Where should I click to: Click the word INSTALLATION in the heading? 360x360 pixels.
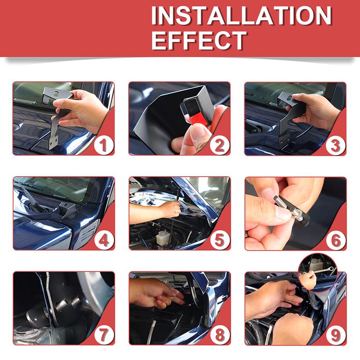[x=242, y=15]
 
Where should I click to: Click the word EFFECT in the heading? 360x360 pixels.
[x=199, y=40]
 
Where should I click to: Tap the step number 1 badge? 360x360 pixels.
[x=104, y=145]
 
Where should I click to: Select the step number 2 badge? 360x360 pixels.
[x=220, y=145]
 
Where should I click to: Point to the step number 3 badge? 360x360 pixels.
[x=335, y=145]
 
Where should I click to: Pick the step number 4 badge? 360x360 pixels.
[x=104, y=240]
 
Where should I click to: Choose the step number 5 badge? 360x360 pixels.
[x=220, y=240]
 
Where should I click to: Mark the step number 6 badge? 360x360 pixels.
[x=336, y=240]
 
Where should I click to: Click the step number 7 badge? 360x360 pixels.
[x=104, y=335]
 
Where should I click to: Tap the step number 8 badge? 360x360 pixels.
[x=220, y=335]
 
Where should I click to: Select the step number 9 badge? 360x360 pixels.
[x=336, y=335]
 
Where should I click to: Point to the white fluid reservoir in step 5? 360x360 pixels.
[x=162, y=237]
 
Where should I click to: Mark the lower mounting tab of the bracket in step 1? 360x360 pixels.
[x=54, y=142]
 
